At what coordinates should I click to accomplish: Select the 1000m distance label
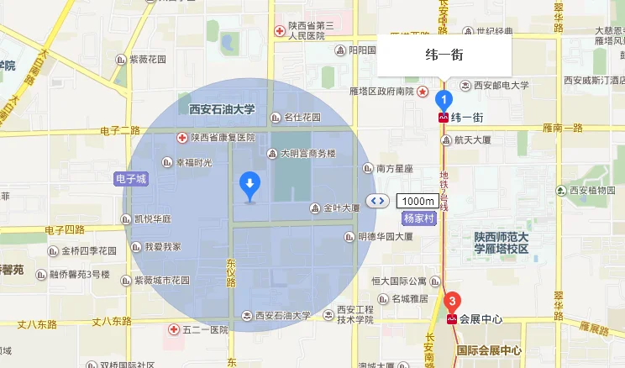point(417,201)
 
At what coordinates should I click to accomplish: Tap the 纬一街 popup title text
point(444,56)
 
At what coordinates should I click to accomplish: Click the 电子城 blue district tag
point(130,179)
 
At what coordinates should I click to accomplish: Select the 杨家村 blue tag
point(417,218)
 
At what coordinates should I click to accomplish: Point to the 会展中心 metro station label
point(480,320)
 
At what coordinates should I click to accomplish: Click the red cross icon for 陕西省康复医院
point(181,137)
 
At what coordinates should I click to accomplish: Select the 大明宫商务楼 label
point(307,154)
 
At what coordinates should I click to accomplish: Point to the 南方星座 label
point(394,169)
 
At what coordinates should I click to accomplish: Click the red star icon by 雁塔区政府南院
point(423,91)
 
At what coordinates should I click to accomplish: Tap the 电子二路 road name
point(119,129)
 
